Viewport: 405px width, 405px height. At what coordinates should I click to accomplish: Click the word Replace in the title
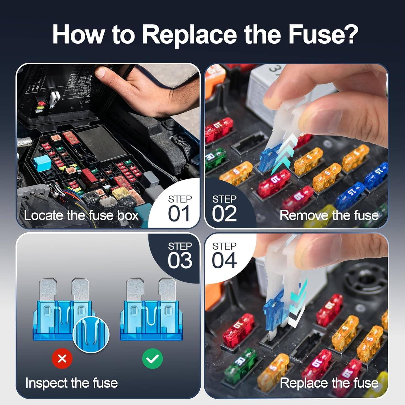[x=189, y=35]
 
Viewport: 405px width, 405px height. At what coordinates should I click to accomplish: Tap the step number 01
[x=179, y=214]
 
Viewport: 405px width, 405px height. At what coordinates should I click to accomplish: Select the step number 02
[x=224, y=214]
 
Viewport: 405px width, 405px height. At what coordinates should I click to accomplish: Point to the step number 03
[x=180, y=260]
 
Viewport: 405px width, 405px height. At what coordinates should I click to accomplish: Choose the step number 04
[x=224, y=260]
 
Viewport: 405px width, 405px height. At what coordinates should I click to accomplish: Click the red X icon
[x=62, y=359]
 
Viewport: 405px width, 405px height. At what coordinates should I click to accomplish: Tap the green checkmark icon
[x=152, y=359]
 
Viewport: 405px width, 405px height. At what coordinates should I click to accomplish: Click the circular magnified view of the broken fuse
[x=91, y=334]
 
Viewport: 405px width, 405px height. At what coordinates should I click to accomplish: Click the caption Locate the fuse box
[x=81, y=215]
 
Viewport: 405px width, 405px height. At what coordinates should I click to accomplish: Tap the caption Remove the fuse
[x=329, y=215]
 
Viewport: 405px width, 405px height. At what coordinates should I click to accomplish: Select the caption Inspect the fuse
[x=72, y=383]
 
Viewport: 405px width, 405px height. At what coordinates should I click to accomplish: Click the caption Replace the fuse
[x=329, y=383]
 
